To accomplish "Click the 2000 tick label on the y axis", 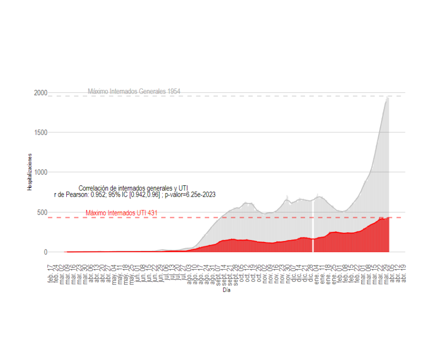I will coord(40,93).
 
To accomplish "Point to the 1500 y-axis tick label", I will coord(40,132).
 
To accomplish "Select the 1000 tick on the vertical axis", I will coord(40,172).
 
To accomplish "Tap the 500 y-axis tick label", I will coord(42,212).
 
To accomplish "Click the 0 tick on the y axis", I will coord(45,252).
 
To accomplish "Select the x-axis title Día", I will coord(226,290).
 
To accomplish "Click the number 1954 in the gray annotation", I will coord(174,91).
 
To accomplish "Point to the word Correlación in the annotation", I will coord(94,188).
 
